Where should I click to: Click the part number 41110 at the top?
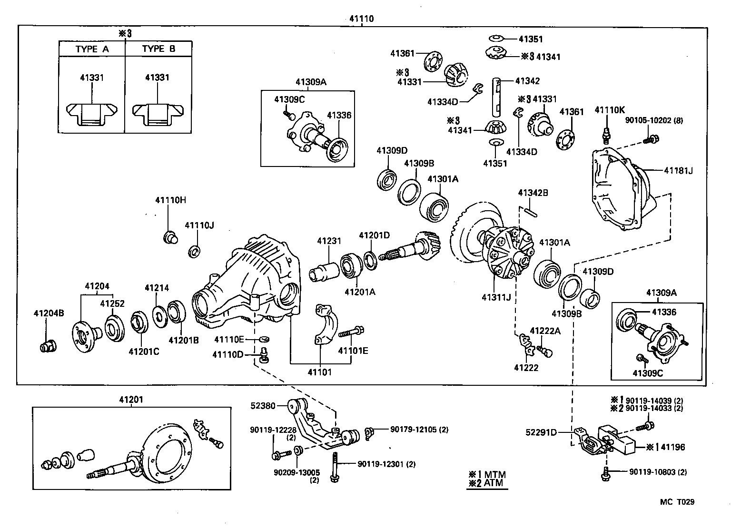(361, 19)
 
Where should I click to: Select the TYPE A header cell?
(92, 49)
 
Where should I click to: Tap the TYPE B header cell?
(158, 49)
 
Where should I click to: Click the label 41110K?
(609, 110)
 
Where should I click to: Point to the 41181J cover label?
(678, 170)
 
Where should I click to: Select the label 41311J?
(496, 298)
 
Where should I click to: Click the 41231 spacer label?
(329, 241)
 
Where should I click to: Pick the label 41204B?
(49, 313)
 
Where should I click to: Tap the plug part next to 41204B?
(48, 346)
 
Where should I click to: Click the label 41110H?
(170, 200)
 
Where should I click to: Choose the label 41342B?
(533, 193)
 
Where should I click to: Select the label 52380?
(263, 406)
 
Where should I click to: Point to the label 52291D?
(541, 432)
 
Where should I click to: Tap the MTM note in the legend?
(487, 474)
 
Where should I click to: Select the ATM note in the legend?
(487, 484)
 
